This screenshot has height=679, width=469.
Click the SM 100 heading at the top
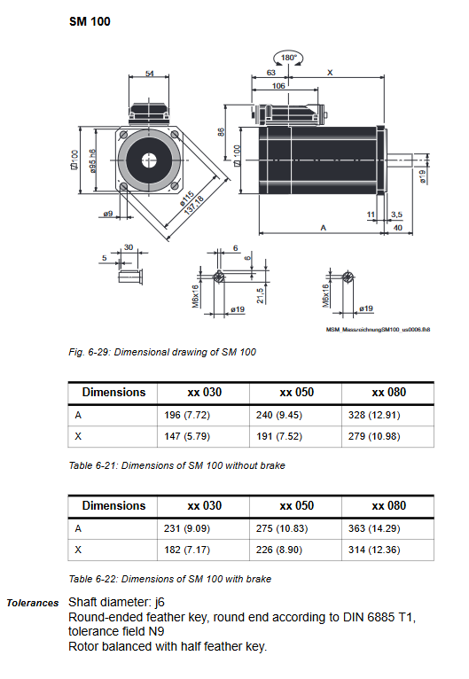pyautogui.click(x=90, y=21)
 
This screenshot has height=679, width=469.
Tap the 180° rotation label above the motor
pyautogui.click(x=288, y=58)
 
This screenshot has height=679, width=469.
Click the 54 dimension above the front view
pyautogui.click(x=150, y=74)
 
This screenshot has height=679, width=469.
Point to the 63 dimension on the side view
pyautogui.click(x=271, y=73)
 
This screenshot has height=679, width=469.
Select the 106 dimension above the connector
pyautogui.click(x=278, y=86)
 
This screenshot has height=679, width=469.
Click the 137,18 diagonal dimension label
pyautogui.click(x=193, y=206)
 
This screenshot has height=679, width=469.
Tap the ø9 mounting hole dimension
pyautogui.click(x=108, y=214)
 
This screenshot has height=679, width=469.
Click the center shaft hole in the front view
pyautogui.click(x=149, y=160)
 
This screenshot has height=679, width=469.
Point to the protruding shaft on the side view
pyautogui.click(x=398, y=160)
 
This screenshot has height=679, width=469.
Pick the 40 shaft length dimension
pyautogui.click(x=397, y=228)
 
